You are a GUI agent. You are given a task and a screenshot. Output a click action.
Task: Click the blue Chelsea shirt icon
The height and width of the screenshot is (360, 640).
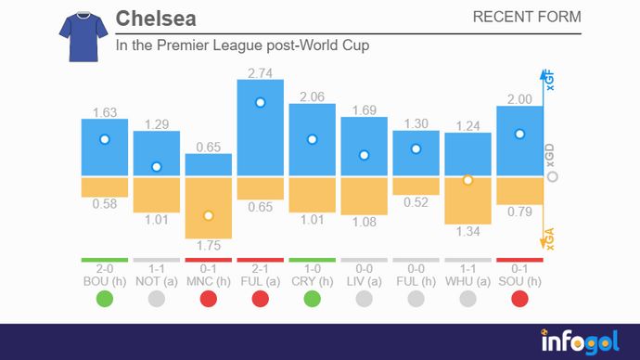tap(77, 36)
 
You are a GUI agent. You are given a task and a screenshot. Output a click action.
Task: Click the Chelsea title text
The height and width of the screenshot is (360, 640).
tap(156, 19)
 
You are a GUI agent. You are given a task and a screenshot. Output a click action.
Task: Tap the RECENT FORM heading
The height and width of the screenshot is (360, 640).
tap(527, 18)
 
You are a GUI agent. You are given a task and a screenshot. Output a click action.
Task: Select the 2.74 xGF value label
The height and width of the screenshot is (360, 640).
tap(260, 71)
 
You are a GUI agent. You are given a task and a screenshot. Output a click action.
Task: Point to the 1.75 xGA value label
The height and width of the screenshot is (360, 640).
tap(209, 247)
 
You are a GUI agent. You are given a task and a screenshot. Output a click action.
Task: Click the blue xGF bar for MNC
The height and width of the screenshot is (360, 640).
tap(209, 165)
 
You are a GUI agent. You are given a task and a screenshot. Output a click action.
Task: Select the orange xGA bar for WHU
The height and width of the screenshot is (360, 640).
tap(467, 199)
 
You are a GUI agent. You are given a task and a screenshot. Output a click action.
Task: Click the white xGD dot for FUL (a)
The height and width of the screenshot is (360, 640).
tap(261, 103)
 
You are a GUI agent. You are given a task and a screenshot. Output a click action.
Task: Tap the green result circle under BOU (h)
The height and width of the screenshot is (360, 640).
tap(105, 299)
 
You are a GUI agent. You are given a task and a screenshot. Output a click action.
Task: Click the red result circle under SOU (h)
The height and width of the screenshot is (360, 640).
tap(520, 299)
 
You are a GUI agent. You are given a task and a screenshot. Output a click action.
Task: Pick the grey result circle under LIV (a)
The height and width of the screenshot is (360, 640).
tap(365, 299)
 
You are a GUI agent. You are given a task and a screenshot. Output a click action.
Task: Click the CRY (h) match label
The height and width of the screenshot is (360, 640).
tap(313, 280)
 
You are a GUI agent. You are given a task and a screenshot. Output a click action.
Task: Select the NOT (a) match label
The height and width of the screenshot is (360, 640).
tap(157, 280)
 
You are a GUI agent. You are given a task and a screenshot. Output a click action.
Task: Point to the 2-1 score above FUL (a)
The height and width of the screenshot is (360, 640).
tap(261, 269)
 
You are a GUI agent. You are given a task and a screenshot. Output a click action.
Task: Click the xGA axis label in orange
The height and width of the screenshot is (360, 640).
tap(549, 242)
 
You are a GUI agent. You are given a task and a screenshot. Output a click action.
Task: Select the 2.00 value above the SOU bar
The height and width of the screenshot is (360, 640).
tap(520, 99)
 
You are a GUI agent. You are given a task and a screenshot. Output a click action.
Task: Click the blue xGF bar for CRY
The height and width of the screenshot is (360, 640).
tap(313, 139)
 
